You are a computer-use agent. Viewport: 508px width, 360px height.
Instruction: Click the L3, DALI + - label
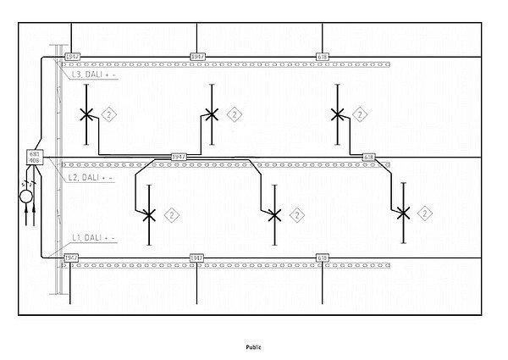94,75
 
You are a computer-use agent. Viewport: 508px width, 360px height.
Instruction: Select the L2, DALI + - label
91,177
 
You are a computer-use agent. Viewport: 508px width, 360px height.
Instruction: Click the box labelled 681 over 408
35,157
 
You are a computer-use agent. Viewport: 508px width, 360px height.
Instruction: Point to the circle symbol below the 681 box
27,197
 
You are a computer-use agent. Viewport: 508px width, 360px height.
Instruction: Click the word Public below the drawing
254,346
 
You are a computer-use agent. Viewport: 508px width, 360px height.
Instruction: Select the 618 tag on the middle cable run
369,158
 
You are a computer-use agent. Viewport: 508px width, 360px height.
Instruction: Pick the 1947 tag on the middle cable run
179,157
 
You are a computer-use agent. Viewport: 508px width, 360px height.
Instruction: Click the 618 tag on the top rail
322,57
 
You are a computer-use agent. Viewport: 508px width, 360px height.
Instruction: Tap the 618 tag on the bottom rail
322,257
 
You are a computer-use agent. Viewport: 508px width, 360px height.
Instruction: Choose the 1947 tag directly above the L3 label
72,57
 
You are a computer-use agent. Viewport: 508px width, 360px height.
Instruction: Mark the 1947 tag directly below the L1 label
72,257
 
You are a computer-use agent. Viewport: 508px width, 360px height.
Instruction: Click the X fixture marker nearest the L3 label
86,114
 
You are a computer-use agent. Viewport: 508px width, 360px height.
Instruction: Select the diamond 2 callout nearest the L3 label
108,114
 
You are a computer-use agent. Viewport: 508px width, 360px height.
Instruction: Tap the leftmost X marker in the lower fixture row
149,215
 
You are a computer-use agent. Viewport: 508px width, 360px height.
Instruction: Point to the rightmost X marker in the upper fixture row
337,114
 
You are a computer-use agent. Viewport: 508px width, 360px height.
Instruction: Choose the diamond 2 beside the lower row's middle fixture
297,215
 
